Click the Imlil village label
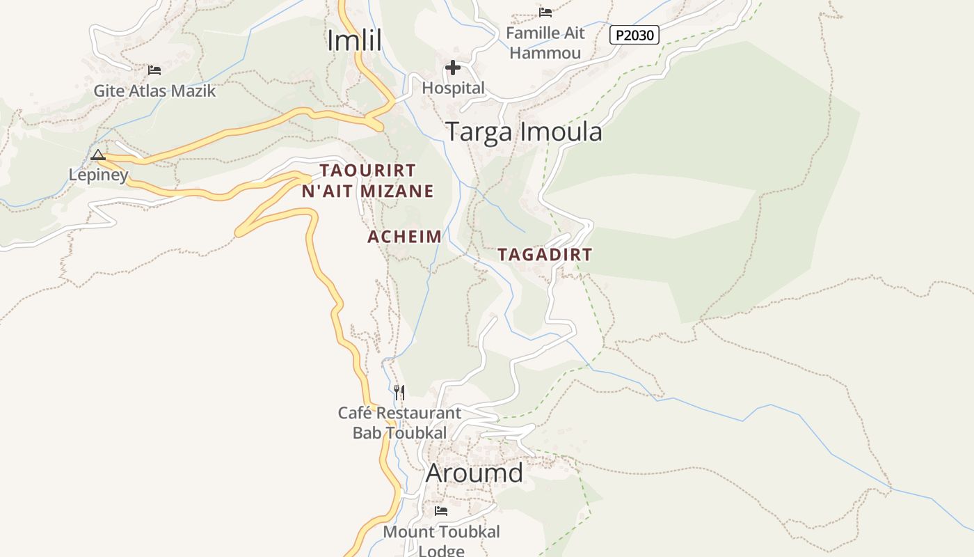coord(355,40)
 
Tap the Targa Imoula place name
coord(523,132)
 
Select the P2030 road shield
coord(634,35)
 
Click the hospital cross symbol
coord(453,68)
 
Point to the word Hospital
coord(453,88)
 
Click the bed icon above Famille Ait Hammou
coord(545,12)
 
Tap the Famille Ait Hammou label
coord(545,42)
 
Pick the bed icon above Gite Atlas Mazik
coord(154,70)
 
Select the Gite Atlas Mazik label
coord(154,91)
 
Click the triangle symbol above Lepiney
coord(98,155)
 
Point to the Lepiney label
coord(98,175)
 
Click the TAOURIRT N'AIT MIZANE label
coord(368,180)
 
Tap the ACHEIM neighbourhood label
coord(404,237)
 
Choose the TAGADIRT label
coord(545,255)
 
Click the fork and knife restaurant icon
coord(399,393)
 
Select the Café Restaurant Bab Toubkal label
coord(399,423)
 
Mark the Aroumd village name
coord(474,473)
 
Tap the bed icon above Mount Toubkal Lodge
coord(441,511)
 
